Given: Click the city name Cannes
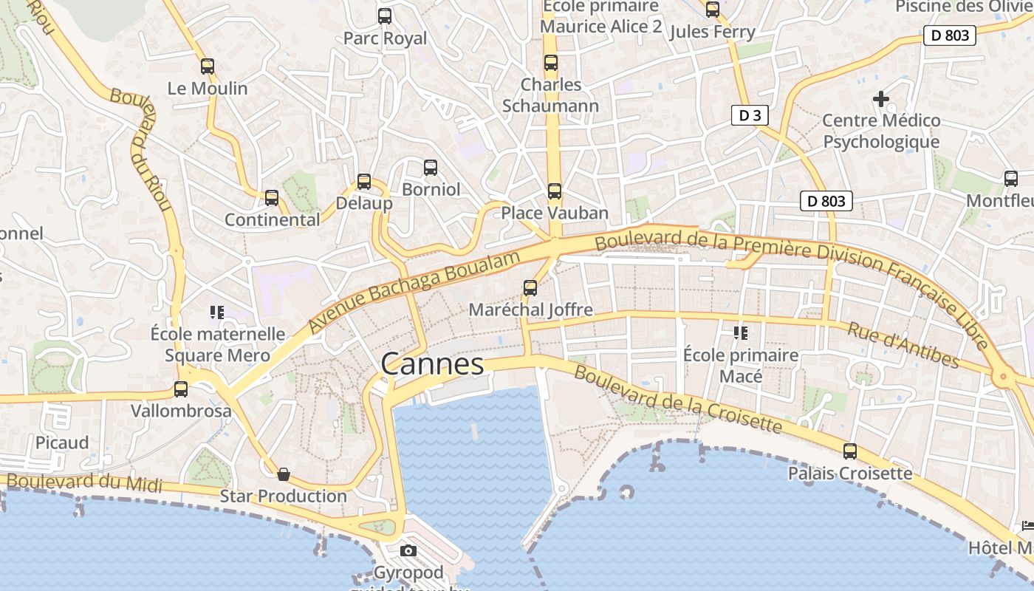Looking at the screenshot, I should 432,363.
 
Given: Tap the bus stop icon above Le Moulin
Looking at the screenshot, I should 208,66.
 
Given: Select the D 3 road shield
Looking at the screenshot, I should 749,115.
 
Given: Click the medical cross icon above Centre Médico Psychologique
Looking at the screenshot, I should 880,98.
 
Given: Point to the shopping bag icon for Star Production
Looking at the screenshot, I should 283,474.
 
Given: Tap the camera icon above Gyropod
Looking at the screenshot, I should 408,550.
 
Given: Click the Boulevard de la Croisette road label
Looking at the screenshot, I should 677,400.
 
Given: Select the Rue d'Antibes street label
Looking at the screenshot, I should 903,345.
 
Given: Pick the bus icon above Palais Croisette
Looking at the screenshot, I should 850,451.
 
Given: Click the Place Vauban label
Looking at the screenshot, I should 555,213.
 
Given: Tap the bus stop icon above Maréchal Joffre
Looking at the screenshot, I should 530,287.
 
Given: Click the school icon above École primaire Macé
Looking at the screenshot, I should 741,333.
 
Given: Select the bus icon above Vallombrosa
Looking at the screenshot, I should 181,389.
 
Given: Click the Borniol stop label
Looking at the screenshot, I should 431,189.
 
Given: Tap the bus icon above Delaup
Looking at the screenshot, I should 363,181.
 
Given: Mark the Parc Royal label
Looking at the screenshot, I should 385,38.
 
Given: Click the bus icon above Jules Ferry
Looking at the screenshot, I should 712,10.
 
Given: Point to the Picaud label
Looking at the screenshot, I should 62,443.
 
